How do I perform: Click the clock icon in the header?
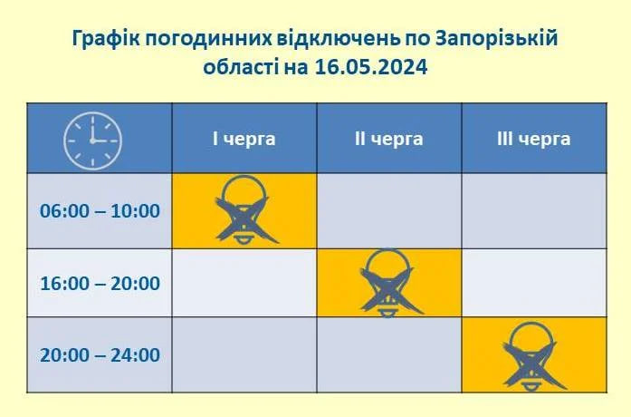91,140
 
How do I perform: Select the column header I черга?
244,139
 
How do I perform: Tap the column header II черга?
388,139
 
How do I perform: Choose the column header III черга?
533,139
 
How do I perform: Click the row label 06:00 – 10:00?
100,211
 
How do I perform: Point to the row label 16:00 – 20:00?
100,283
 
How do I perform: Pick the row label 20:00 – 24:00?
100,354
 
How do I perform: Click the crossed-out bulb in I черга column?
244,209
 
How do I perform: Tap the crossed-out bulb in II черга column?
387,282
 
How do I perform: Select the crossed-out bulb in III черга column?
532,354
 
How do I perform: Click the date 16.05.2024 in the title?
371,66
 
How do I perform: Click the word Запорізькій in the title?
496,39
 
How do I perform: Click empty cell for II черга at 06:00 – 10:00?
388,210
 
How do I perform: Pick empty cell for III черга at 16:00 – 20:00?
533,283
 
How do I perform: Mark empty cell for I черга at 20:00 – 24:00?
244,354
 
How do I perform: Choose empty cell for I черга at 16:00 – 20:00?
244,283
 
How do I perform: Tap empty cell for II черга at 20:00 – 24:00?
388,354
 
